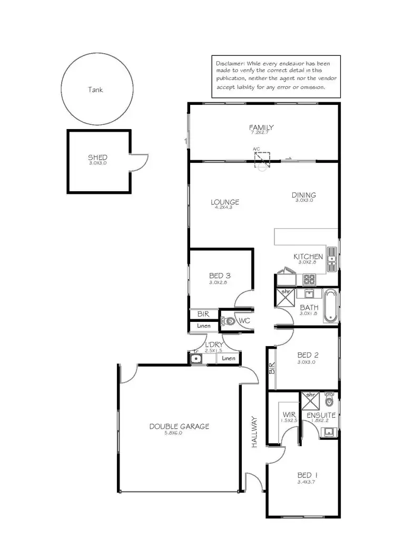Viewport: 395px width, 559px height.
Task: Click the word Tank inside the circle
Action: [x=95, y=90]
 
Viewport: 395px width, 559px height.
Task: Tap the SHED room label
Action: [x=97, y=157]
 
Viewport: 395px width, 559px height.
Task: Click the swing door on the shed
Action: [x=138, y=162]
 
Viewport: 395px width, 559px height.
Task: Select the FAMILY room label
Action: [x=261, y=127]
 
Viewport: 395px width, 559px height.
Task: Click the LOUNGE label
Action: [x=225, y=202]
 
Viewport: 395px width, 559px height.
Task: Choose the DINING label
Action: [x=304, y=195]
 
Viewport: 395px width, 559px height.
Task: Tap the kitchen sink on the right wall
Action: [x=332, y=256]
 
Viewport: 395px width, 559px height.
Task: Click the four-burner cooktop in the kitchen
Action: [x=309, y=279]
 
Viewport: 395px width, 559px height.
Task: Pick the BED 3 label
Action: [x=220, y=275]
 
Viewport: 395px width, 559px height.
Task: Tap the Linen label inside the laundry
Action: [x=229, y=358]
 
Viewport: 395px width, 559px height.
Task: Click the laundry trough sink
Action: [x=196, y=359]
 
